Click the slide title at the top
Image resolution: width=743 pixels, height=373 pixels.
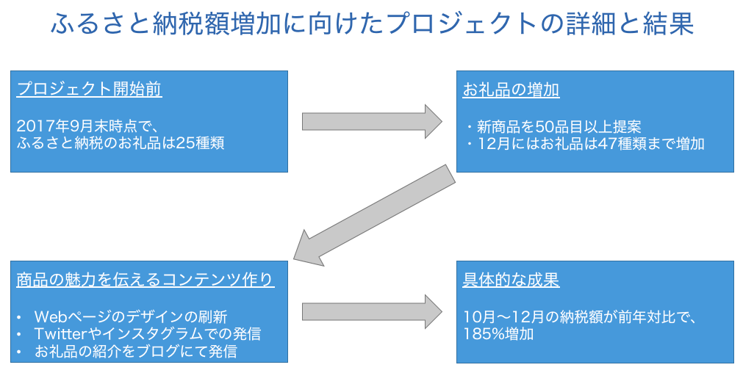click(x=373, y=23)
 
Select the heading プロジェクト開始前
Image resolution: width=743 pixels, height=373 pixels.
click(x=89, y=89)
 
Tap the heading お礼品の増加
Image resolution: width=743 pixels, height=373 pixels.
click(x=511, y=90)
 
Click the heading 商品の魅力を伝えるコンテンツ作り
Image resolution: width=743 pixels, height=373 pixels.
click(x=145, y=280)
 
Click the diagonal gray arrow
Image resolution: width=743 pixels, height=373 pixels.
click(x=374, y=215)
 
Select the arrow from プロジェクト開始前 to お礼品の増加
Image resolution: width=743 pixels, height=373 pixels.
click(x=372, y=121)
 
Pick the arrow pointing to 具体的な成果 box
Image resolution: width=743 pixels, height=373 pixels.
click(x=372, y=311)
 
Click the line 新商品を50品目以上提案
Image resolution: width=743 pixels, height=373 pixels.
click(x=559, y=127)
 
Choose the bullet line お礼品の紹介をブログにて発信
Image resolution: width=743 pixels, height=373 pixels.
click(x=135, y=351)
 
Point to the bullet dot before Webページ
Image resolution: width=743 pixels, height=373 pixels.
click(x=19, y=317)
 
